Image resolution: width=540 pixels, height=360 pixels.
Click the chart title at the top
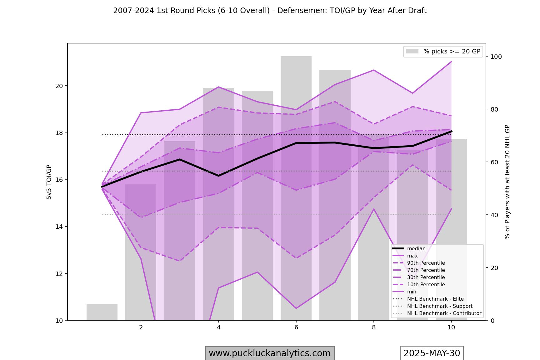click(270, 11)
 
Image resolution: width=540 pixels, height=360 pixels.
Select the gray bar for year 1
click(102, 312)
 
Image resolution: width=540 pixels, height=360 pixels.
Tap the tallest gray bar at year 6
click(296, 187)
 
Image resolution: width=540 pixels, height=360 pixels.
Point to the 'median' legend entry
click(416, 249)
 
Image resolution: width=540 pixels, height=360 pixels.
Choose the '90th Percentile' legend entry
click(426, 263)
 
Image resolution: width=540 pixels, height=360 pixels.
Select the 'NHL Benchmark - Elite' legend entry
click(435, 299)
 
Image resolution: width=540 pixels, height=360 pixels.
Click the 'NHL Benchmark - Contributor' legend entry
click(444, 313)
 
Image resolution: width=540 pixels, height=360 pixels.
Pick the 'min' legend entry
click(412, 292)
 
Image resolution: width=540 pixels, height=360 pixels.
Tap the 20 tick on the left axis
click(59, 86)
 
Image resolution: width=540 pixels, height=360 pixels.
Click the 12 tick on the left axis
click(59, 274)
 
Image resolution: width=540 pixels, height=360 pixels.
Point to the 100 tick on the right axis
click(496, 57)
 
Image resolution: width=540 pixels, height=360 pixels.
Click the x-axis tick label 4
click(218, 327)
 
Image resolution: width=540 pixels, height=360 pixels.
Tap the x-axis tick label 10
click(451, 327)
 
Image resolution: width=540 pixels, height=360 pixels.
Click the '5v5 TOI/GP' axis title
click(49, 182)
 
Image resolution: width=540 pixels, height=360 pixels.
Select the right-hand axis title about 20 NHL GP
click(507, 182)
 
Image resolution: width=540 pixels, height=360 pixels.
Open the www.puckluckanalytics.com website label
click(270, 353)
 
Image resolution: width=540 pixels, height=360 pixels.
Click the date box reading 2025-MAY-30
click(432, 353)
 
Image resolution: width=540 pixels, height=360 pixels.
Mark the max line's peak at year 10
click(451, 62)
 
